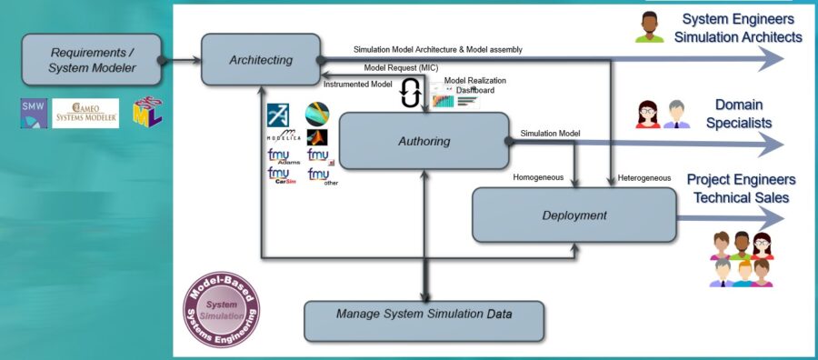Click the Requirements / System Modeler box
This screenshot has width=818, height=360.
[x=91, y=60]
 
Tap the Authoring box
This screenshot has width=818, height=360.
[x=423, y=141]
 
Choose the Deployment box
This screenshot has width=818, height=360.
[x=574, y=215]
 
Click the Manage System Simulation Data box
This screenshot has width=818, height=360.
[x=424, y=314]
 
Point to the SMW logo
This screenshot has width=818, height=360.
[x=33, y=113]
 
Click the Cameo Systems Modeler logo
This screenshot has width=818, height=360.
[x=85, y=113]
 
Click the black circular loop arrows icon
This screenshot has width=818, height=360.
[x=410, y=93]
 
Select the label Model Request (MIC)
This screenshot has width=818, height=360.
[x=400, y=68]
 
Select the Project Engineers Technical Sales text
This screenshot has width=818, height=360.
[x=740, y=188]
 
